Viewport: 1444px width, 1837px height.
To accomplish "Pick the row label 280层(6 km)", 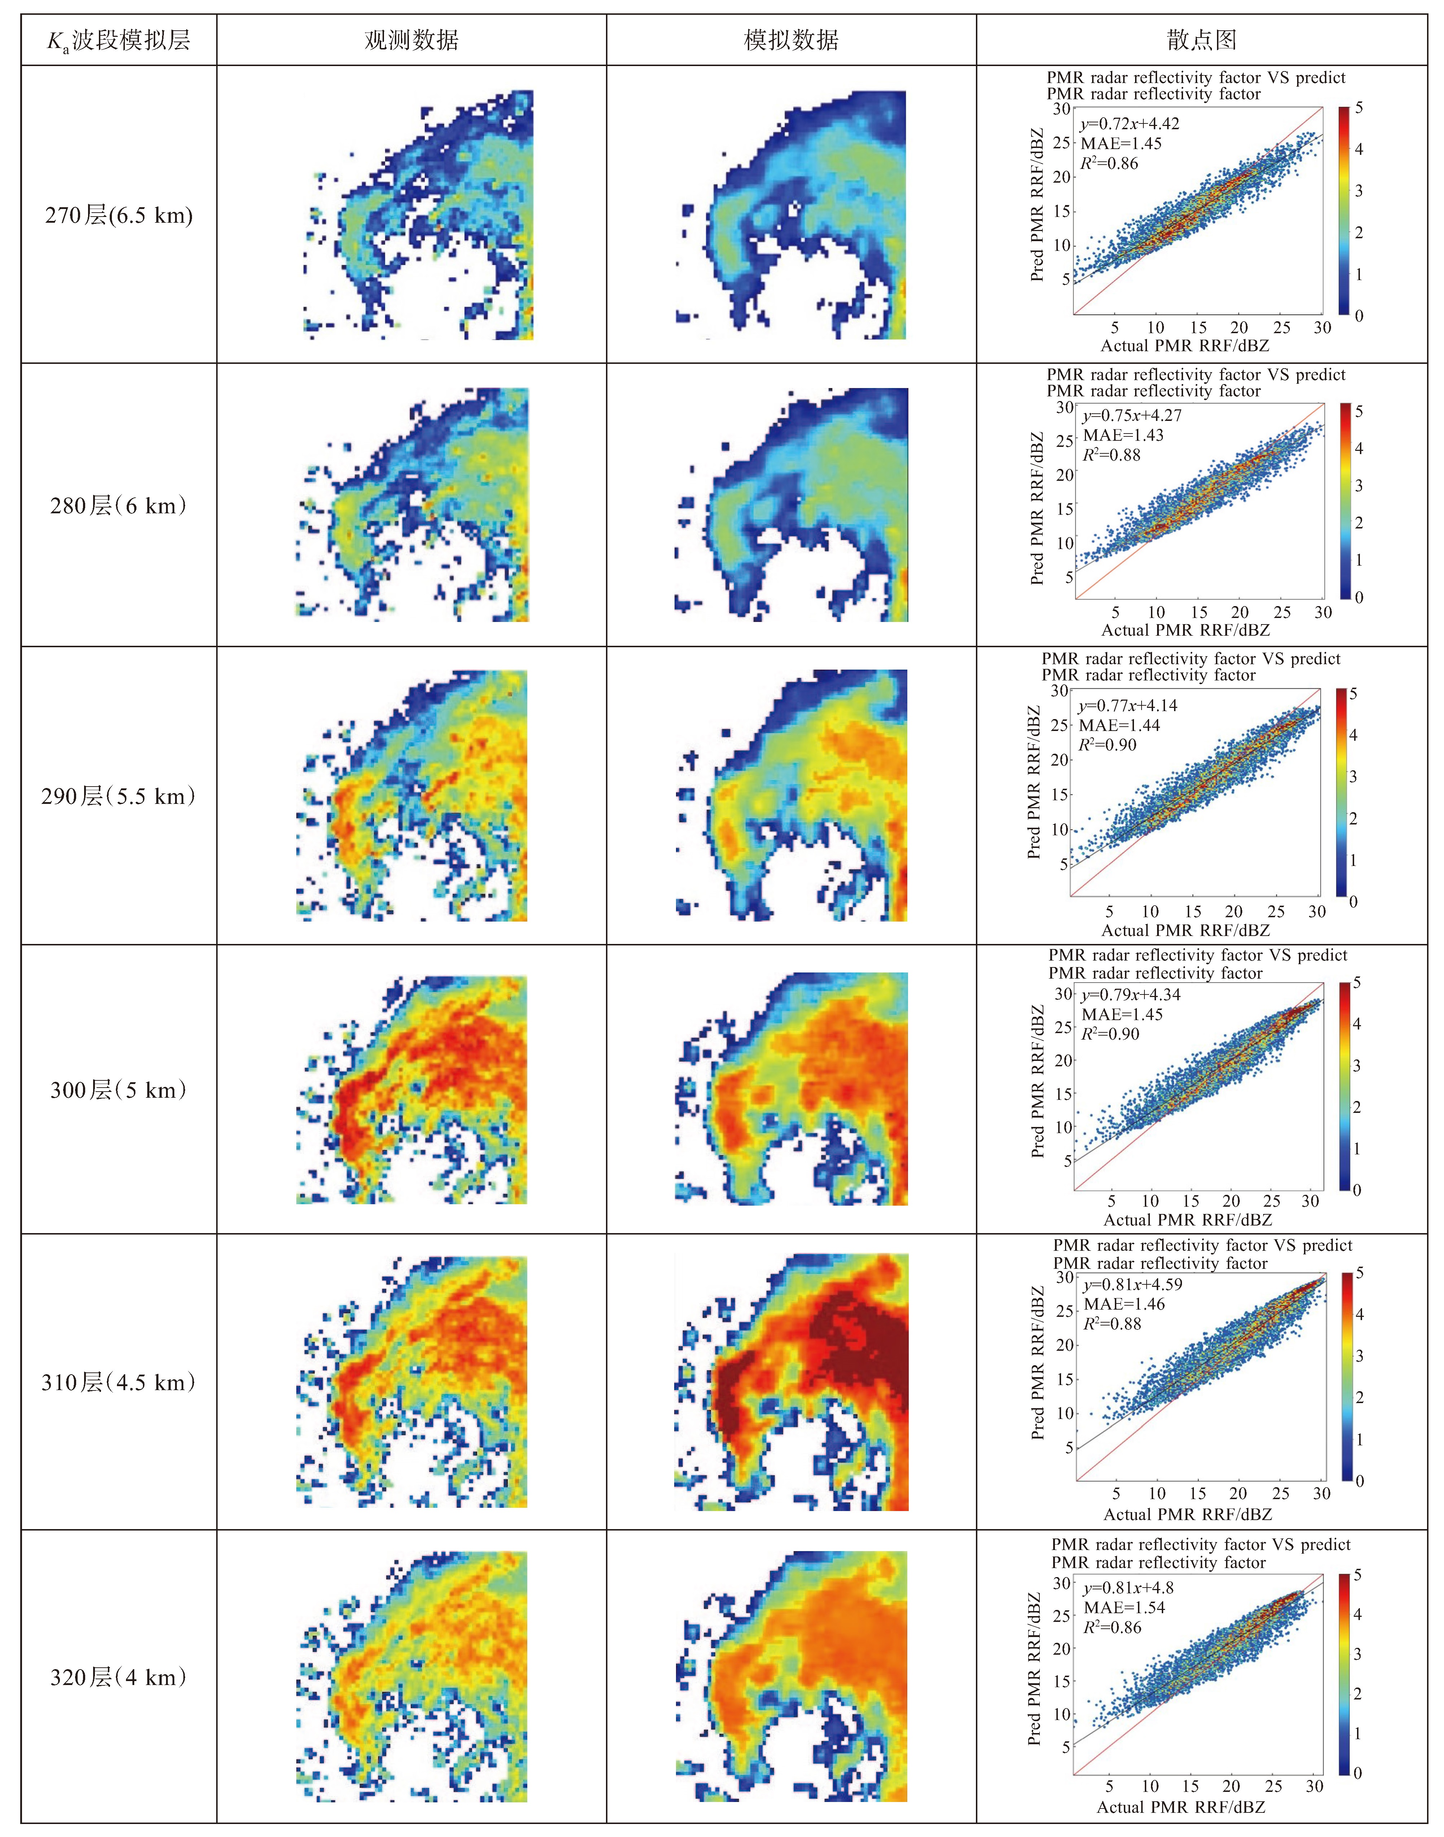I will (118, 505).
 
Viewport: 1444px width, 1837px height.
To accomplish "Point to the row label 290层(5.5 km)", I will (118, 796).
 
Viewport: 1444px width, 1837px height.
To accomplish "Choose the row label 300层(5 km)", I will (118, 1090).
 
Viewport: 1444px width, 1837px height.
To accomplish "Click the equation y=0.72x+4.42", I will (1130, 123).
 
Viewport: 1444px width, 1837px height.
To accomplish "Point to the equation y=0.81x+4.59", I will (1133, 1284).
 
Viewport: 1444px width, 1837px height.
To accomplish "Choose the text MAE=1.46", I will (1125, 1305).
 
